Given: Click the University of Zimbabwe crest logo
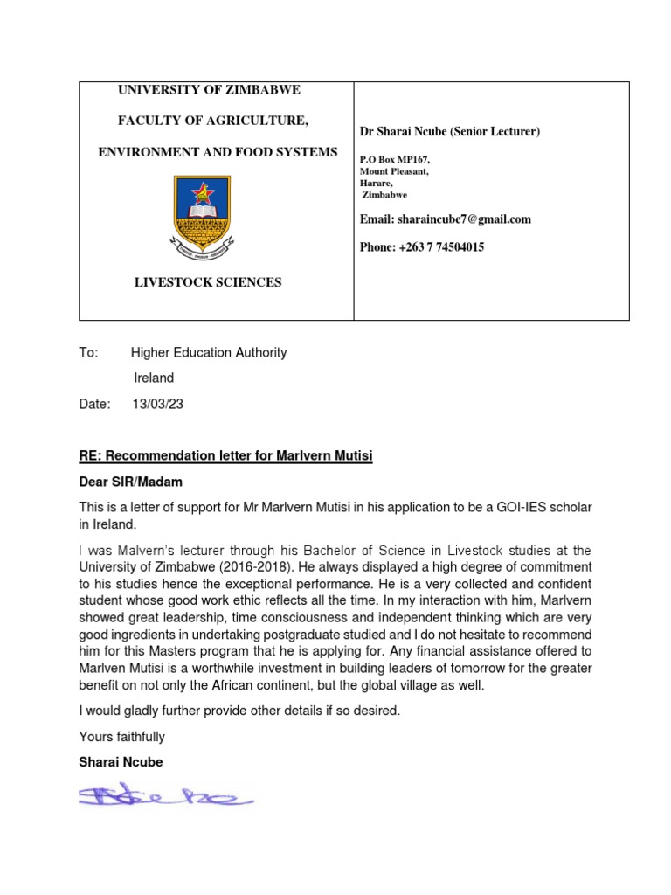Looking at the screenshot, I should pyautogui.click(x=203, y=214).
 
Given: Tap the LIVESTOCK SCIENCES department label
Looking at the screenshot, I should pyautogui.click(x=207, y=282).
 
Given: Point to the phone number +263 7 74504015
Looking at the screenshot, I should pyautogui.click(x=422, y=247).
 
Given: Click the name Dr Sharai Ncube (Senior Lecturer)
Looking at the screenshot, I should pyautogui.click(x=450, y=132).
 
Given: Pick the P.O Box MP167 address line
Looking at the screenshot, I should pyautogui.click(x=395, y=160).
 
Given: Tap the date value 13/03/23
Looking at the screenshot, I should pyautogui.click(x=157, y=404).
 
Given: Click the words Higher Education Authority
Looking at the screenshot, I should pyautogui.click(x=209, y=353).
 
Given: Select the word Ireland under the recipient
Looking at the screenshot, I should pyautogui.click(x=153, y=378).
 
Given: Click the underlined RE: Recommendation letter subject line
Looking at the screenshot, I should pyautogui.click(x=225, y=456).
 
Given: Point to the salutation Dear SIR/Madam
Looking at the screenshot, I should pyautogui.click(x=130, y=482).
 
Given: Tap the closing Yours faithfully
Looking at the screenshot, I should pyautogui.click(x=121, y=737).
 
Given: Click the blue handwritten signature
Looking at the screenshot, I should pyautogui.click(x=165, y=795).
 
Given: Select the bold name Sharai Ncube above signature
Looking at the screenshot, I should pyautogui.click(x=121, y=762).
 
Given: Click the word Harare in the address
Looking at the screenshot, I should pyautogui.click(x=376, y=184).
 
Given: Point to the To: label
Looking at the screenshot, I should pyautogui.click(x=89, y=353).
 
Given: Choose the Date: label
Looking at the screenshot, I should pyautogui.click(x=94, y=404).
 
